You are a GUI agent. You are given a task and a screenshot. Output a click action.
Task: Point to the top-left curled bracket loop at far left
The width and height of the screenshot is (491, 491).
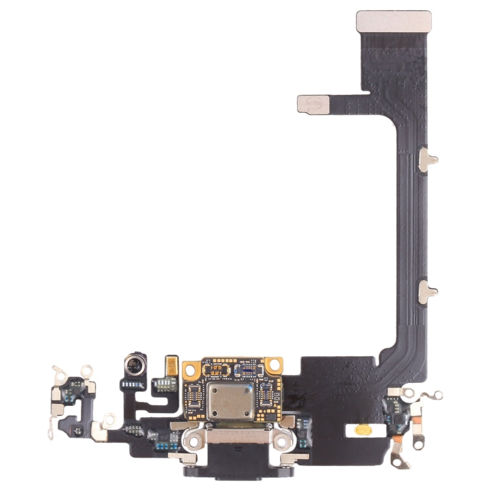coord(60,372)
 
